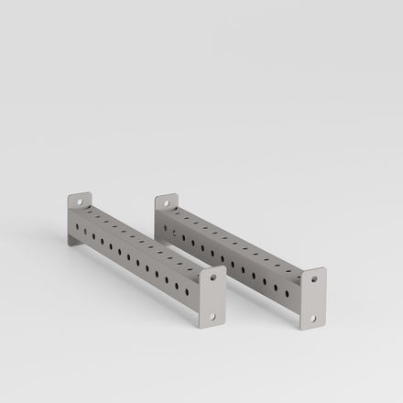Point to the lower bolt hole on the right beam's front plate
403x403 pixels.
312,318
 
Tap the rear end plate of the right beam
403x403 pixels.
165,209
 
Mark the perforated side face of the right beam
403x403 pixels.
234,262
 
